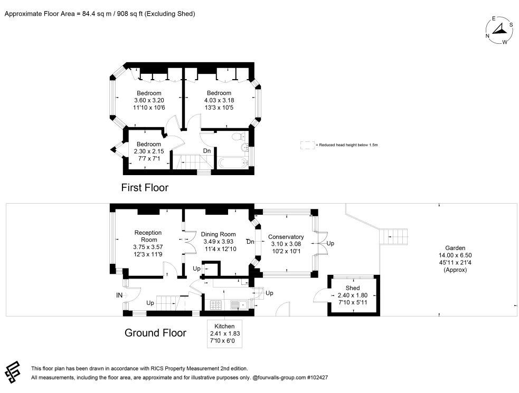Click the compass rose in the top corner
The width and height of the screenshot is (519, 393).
(x=499, y=30)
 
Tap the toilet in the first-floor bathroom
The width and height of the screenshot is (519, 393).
(x=238, y=136)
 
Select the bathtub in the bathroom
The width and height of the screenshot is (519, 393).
(x=233, y=162)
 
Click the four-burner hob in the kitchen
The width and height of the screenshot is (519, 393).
(x=215, y=305)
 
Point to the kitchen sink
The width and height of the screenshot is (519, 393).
(x=239, y=305)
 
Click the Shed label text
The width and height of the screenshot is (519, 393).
(x=353, y=288)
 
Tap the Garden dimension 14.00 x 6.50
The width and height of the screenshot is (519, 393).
(x=455, y=255)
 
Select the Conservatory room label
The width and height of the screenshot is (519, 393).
(x=286, y=237)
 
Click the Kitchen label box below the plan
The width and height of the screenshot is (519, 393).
(x=225, y=333)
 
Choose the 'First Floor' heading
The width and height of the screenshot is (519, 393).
(x=145, y=188)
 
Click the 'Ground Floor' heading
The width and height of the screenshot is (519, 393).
(x=155, y=332)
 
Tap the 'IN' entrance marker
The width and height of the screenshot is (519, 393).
(x=119, y=295)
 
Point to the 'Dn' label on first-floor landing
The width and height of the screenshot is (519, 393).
(x=207, y=151)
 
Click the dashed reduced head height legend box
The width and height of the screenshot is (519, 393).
(x=307, y=145)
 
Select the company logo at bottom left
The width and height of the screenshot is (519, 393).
(x=13, y=372)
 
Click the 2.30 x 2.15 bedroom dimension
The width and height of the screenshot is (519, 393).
(x=149, y=151)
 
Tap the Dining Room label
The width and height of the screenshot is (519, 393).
(x=219, y=234)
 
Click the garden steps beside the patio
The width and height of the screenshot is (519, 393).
(x=393, y=237)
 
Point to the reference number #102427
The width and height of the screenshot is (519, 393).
(x=318, y=378)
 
